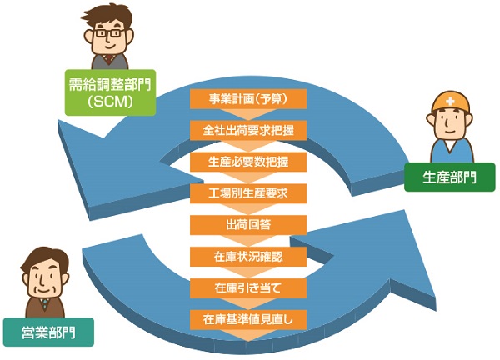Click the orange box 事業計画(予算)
pyautogui.click(x=248, y=100)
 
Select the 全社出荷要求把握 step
pyautogui.click(x=248, y=131)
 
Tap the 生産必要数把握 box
pyautogui.click(x=248, y=162)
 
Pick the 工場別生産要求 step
pyautogui.click(x=248, y=193)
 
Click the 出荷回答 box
pyautogui.click(x=248, y=225)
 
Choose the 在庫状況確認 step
pyautogui.click(x=248, y=256)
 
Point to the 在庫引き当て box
pyautogui.click(x=248, y=287)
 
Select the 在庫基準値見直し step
pyautogui.click(x=248, y=318)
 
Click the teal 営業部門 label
pyautogui.click(x=47, y=332)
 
